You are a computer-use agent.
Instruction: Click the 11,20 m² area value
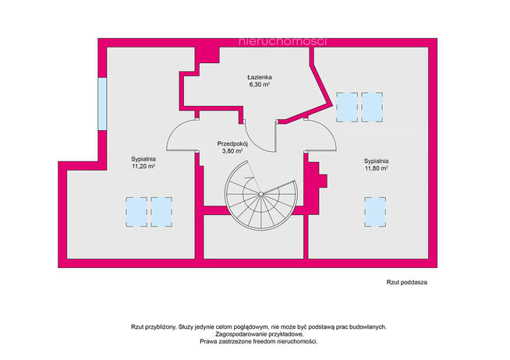143,166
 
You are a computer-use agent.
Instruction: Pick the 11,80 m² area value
377,168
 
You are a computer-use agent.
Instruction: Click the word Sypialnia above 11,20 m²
143,158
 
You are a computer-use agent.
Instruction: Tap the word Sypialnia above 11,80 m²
377,160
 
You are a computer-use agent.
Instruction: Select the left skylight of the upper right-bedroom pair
346,107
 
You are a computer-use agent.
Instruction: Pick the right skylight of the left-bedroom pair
161,211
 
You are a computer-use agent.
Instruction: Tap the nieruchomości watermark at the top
282,41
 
